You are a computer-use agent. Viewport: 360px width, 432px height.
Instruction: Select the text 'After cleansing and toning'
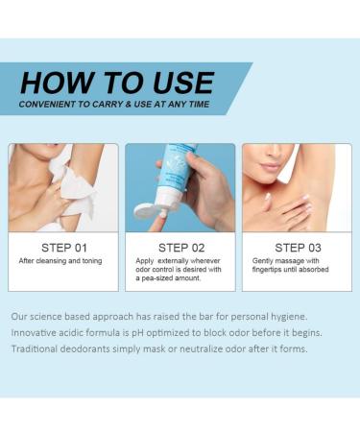click(x=58, y=261)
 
